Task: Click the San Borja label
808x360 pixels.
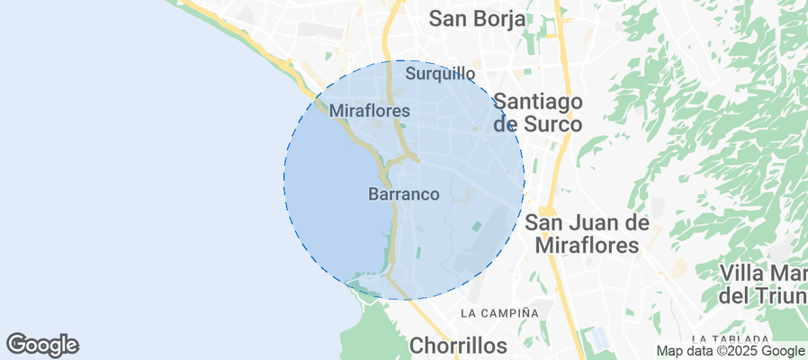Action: pos(477,19)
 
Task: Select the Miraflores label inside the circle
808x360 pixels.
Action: pos(370,111)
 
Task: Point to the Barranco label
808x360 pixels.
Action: pos(404,193)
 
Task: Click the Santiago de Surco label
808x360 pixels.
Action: pos(538,112)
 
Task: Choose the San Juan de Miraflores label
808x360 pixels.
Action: pos(587,233)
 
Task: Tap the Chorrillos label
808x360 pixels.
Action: pos(459,345)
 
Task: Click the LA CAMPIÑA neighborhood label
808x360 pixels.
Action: pos(499,313)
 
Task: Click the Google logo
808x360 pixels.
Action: pos(42,344)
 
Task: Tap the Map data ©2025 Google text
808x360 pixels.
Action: pos(731,351)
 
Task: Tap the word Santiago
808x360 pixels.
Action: pos(538,101)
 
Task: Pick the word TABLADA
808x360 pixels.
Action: pos(776,337)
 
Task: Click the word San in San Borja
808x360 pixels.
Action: pos(448,19)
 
